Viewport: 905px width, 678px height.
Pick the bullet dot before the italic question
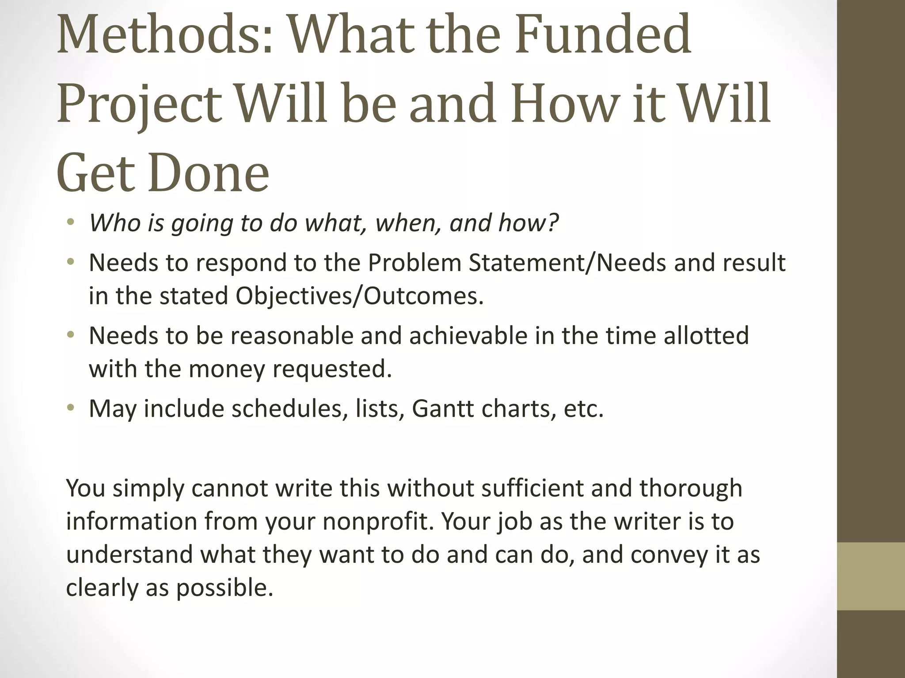pos(70,223)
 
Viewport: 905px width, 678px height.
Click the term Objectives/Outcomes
pos(359,296)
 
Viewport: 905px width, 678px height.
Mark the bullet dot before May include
pos(70,408)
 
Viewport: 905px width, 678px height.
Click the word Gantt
pos(442,408)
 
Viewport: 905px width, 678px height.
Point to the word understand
pos(129,554)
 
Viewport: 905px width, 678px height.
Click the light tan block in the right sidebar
pos(871,576)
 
